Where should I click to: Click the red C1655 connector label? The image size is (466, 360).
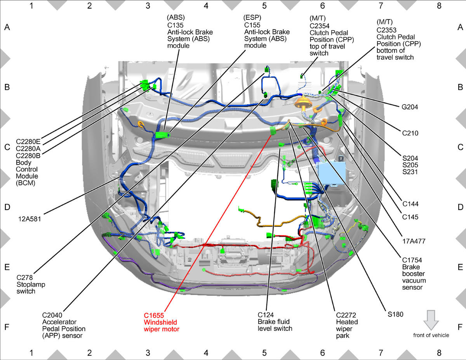click(x=154, y=315)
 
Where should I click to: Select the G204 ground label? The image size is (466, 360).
click(x=410, y=107)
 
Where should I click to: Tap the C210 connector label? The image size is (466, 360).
click(x=410, y=133)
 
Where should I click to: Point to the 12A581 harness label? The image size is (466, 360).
click(x=30, y=219)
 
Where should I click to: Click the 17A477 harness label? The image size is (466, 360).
click(x=414, y=241)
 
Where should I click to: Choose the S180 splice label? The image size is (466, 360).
click(x=395, y=314)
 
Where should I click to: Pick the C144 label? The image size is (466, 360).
click(x=410, y=204)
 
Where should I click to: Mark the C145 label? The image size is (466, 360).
click(x=410, y=217)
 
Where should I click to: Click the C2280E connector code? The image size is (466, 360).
click(x=28, y=141)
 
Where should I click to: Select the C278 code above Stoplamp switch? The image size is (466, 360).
click(x=24, y=277)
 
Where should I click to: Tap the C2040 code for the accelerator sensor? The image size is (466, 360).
click(x=52, y=315)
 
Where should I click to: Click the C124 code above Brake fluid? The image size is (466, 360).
click(x=266, y=315)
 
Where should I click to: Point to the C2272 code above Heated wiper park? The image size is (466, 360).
click(x=346, y=315)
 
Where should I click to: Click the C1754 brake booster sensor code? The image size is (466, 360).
click(x=412, y=260)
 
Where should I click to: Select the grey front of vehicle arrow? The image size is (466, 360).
click(x=431, y=320)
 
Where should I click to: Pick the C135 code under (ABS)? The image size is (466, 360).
click(x=175, y=25)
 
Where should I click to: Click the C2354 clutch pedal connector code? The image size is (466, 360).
click(x=320, y=26)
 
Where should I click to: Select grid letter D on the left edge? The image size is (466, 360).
click(x=7, y=207)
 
